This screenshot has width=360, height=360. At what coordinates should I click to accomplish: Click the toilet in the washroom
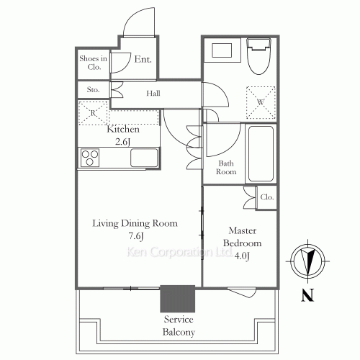coord(258,56)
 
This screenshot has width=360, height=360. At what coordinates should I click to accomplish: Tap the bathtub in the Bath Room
coord(261,154)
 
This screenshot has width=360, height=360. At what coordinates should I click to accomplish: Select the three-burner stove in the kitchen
coord(90,158)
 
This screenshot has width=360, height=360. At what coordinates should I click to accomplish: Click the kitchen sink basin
coord(144,158)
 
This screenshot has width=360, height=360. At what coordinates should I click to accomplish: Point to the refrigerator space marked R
coord(93,113)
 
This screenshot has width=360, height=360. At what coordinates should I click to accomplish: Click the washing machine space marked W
coord(261,102)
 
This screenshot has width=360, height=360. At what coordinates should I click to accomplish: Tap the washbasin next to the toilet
coord(222,50)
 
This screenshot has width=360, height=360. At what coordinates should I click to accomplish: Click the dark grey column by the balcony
coord(178,299)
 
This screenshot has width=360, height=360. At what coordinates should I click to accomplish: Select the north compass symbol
coord(307,261)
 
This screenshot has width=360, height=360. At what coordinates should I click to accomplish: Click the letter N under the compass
coord(307,294)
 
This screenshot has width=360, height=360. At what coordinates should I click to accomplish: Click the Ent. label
coord(143,59)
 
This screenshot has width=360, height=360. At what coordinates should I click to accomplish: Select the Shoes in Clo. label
coord(94,63)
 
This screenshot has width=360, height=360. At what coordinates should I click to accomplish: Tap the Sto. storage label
coord(93,89)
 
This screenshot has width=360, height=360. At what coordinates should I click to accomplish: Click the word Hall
coord(153,93)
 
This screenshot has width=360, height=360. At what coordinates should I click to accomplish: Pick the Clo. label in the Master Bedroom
coord(267,197)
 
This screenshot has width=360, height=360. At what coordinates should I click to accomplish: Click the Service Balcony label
coord(179,325)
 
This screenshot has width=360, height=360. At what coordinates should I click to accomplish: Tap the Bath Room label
coord(226,167)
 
